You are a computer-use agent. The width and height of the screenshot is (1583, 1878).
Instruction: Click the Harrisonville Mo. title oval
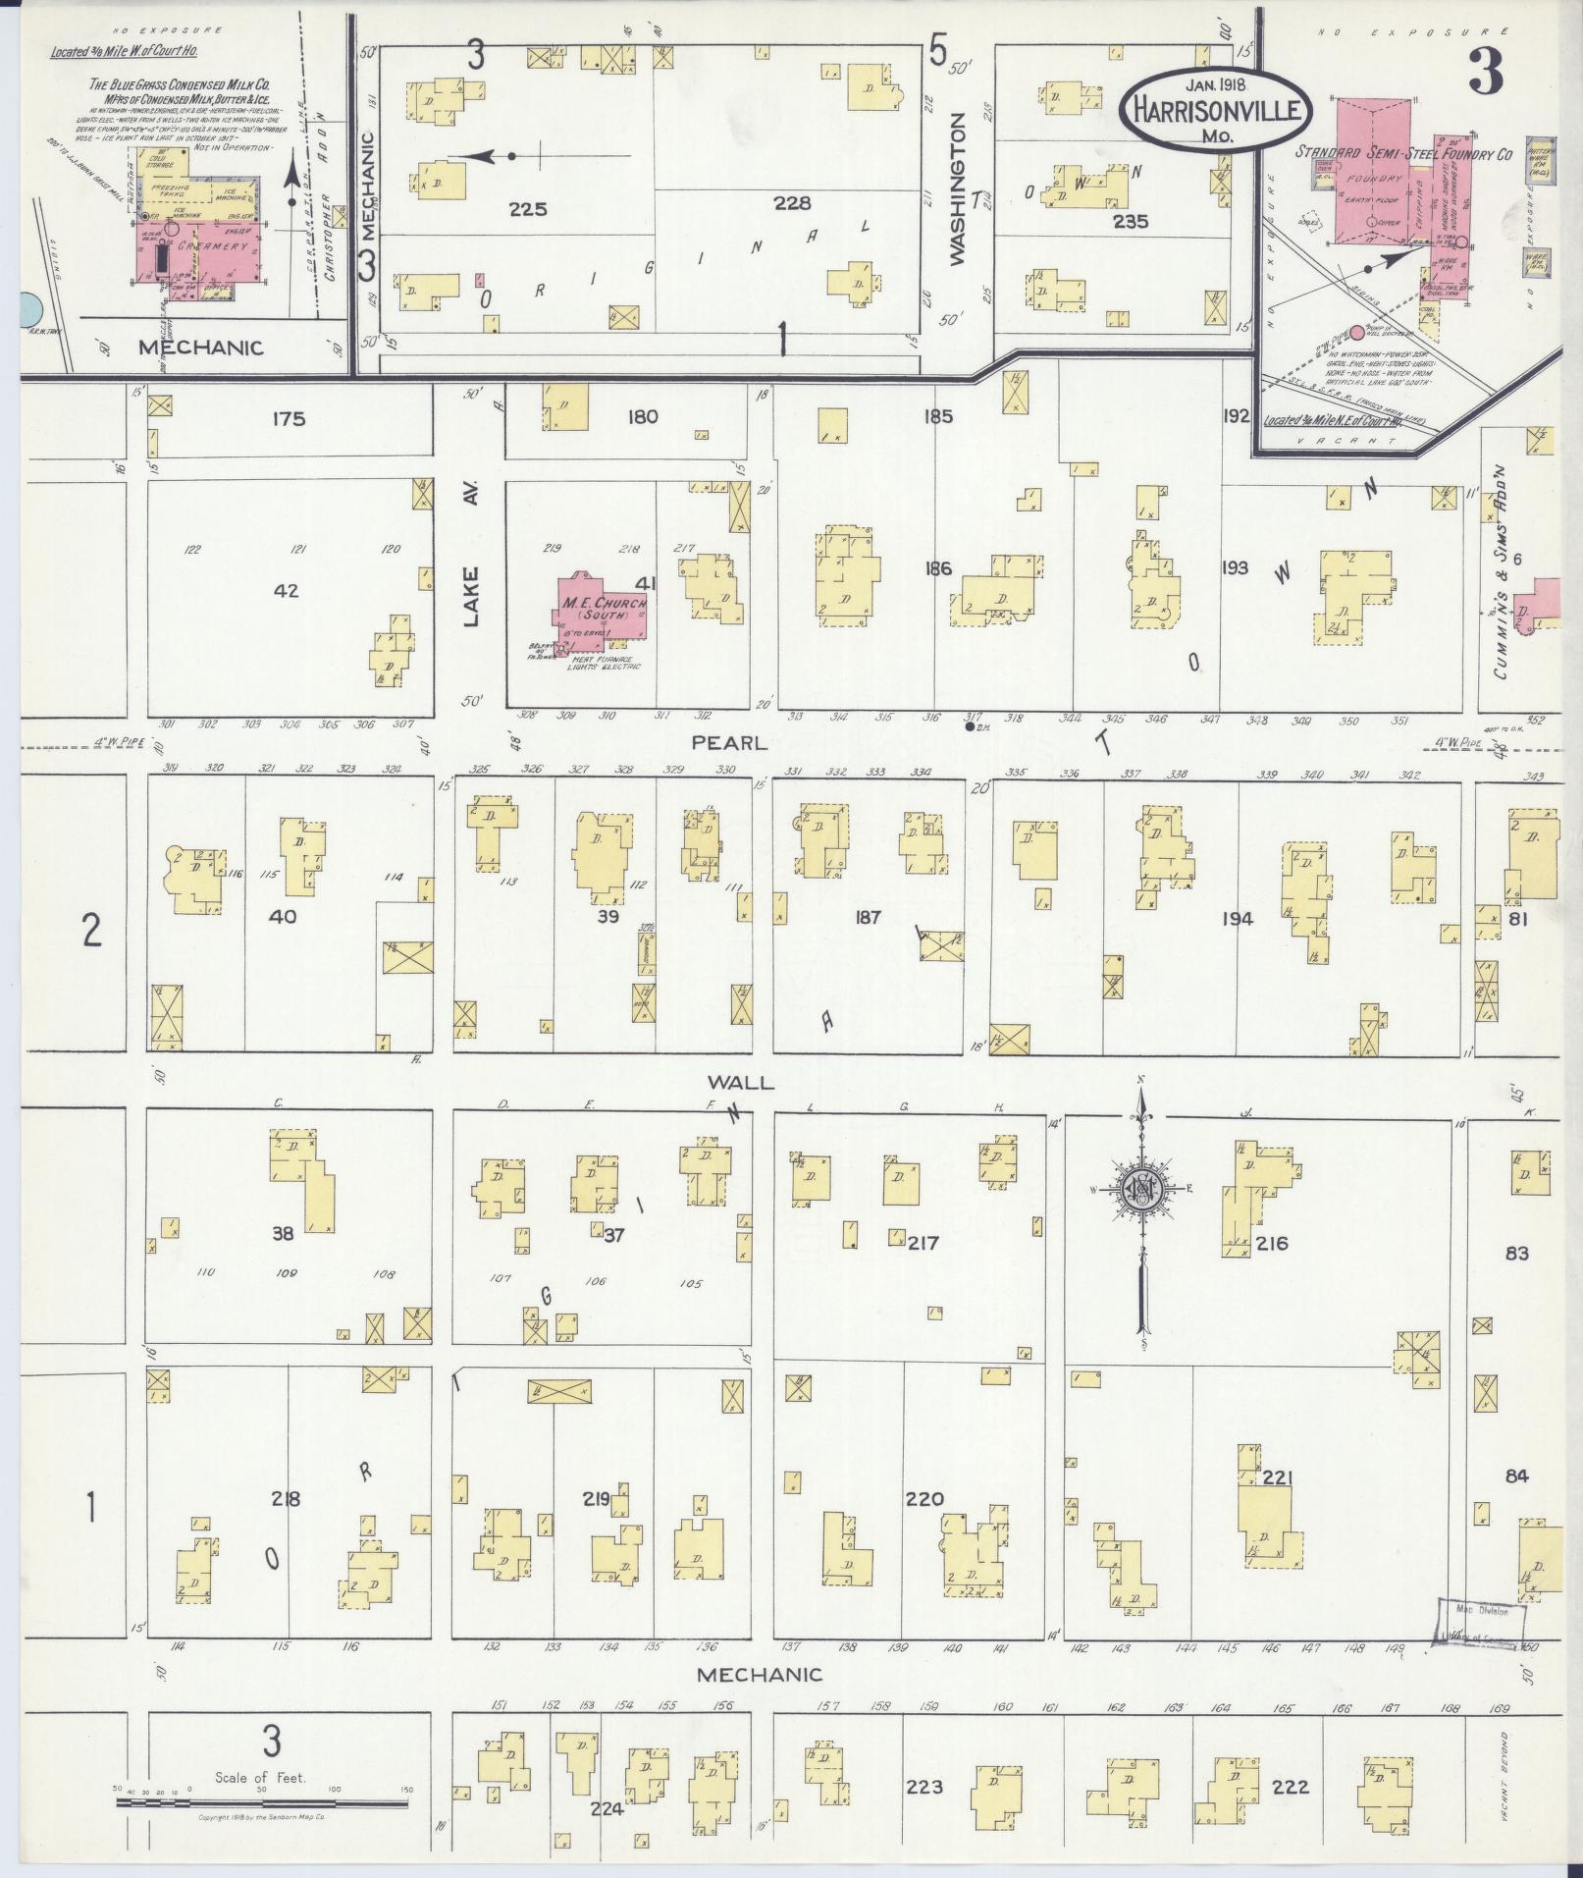pyautogui.click(x=1216, y=109)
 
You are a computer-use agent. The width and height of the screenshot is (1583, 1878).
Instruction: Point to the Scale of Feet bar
pyautogui.click(x=263, y=1801)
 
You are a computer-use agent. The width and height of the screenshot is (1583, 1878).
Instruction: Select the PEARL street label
pyautogui.click(x=729, y=742)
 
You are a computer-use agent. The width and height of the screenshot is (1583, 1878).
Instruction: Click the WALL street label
pyautogui.click(x=740, y=1083)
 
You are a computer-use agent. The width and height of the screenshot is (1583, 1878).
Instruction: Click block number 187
pyautogui.click(x=868, y=918)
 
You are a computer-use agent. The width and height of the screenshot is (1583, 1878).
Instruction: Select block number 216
pyautogui.click(x=1271, y=1243)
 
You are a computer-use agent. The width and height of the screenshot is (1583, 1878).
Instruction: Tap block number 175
pyautogui.click(x=290, y=418)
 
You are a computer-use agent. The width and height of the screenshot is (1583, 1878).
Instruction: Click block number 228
pyautogui.click(x=792, y=203)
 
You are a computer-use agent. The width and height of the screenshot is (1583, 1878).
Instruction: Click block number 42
pyautogui.click(x=287, y=591)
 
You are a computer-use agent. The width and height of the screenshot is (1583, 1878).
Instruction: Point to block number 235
pyautogui.click(x=1131, y=222)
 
